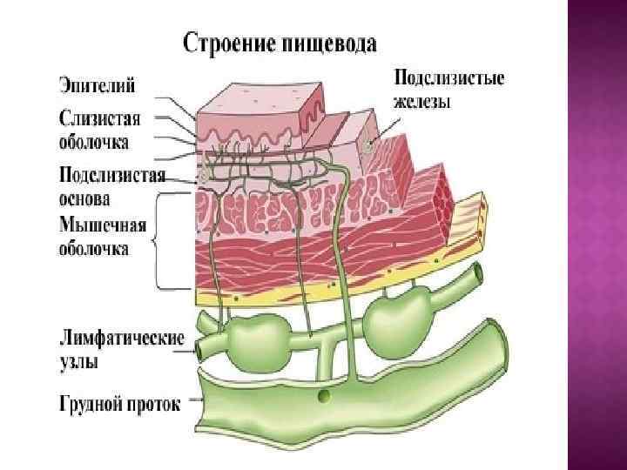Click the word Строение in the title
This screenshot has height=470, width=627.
coord(223,43)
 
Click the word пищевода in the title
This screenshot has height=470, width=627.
coord(327,44)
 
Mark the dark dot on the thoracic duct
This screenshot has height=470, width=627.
coord(324,397)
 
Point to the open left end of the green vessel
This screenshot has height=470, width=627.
coord(199,349)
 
